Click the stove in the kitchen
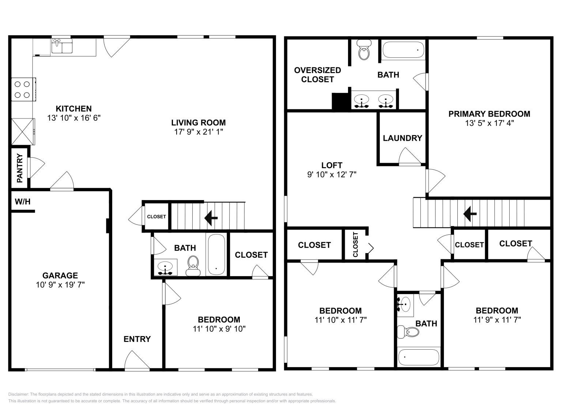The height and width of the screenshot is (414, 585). click(23, 90)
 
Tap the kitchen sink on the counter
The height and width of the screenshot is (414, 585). click(62, 46)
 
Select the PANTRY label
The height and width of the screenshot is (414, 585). click(20, 168)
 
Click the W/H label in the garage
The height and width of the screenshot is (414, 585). click(23, 202)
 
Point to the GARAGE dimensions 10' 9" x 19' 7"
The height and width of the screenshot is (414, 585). click(60, 285)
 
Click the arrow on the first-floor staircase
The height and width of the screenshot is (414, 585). click(211, 218)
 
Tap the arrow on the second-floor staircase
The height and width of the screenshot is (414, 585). click(470, 214)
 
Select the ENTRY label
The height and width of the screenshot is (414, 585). click(137, 339)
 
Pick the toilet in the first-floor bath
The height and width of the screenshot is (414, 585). click(193, 265)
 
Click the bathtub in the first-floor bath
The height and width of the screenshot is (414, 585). click(216, 255)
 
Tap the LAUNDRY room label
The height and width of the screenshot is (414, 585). click(402, 138)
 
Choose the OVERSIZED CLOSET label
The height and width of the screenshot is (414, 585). click(317, 75)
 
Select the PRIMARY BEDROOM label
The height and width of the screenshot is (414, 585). click(489, 114)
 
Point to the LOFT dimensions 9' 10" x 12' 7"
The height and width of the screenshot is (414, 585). click(332, 174)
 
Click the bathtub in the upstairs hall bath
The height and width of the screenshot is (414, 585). click(419, 357)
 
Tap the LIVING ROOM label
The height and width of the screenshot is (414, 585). click(199, 123)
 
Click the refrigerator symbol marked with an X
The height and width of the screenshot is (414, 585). click(23, 131)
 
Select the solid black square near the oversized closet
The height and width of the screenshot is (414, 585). click(340, 101)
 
